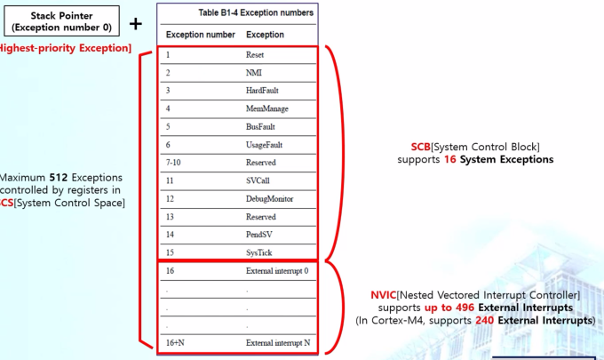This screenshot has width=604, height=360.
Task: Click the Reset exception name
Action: coord(255,55)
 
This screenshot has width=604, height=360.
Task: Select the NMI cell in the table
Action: coord(254,73)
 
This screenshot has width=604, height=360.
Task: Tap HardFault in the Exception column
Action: coord(261,91)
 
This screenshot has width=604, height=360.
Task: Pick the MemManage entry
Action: coord(265,108)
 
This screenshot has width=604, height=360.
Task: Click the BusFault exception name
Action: coord(260,126)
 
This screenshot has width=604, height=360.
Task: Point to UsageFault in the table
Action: coord(264,145)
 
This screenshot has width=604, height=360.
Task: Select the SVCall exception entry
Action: coord(258,180)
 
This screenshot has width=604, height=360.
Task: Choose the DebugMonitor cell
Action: coord(267,198)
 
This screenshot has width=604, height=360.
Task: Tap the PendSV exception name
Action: coord(258,234)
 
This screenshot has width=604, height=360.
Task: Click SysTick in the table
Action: coord(258,252)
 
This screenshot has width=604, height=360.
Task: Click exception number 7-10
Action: coord(172,163)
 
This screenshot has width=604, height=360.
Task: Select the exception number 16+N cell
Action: coord(176,342)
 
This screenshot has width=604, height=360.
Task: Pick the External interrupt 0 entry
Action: coord(277,270)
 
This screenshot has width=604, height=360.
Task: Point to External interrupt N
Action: coord(277,342)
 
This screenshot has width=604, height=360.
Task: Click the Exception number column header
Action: coord(200,34)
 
